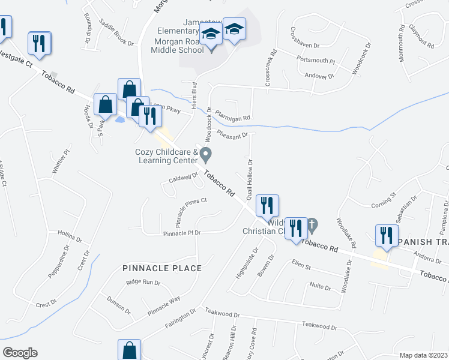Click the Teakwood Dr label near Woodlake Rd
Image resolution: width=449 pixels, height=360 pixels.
point(319,326)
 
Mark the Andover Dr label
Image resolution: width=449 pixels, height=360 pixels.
point(319,76)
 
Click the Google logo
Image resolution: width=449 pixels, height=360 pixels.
point(20,352)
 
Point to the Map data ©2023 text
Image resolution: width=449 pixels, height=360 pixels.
point(423,355)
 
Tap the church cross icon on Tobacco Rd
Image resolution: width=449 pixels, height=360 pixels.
point(312,226)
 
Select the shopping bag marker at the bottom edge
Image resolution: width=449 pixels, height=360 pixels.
point(129,350)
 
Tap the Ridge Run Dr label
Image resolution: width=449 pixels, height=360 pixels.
point(143,282)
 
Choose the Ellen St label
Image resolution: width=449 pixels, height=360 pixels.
point(300,264)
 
